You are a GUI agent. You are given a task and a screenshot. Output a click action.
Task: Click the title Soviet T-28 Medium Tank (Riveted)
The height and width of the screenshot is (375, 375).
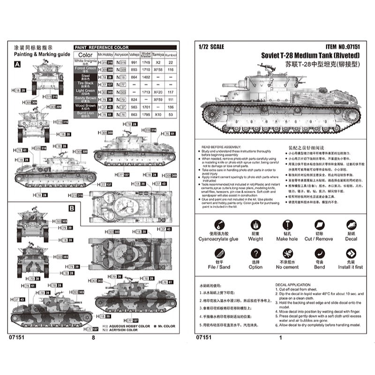pyautogui.click(x=310, y=54)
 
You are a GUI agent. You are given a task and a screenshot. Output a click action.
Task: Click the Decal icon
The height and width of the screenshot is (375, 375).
pyautogui.click(x=351, y=225)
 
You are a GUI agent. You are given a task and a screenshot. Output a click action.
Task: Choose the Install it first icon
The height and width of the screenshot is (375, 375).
pyautogui.click(x=351, y=253)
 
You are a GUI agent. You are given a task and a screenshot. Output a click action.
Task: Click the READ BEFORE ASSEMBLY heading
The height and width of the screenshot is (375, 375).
pyautogui.click(x=220, y=146)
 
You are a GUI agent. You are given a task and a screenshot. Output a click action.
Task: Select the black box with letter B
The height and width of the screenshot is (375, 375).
pyautogui.click(x=72, y=208)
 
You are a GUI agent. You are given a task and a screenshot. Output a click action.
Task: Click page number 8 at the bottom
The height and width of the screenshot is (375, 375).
pyautogui.click(x=94, y=337)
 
